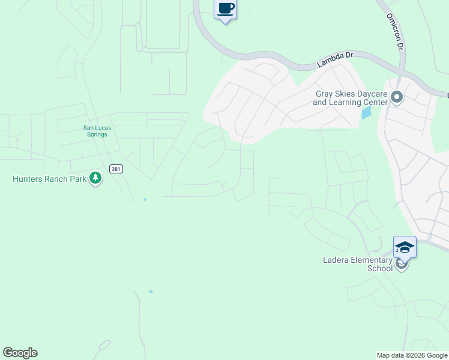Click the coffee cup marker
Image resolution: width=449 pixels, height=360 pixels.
[x=225, y=9]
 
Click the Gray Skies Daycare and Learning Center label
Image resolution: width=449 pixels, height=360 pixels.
[x=351, y=98]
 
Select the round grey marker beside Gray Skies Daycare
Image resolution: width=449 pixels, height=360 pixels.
[x=396, y=97]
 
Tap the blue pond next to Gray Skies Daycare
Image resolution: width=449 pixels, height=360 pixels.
[x=366, y=113]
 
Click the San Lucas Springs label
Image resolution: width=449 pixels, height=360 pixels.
[x=95, y=131]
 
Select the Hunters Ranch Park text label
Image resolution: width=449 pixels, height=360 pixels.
[x=49, y=179]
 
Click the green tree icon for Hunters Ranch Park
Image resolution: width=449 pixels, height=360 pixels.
[x=95, y=178]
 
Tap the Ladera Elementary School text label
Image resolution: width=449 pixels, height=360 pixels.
[x=358, y=264]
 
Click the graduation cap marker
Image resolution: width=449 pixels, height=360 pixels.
[x=405, y=247]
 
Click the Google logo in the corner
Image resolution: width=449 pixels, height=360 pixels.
[x=20, y=353]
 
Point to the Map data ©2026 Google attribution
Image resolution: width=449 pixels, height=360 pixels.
[x=412, y=355]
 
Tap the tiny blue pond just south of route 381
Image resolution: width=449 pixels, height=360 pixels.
[x=144, y=199]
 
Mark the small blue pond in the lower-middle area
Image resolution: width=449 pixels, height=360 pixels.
[x=151, y=292]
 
